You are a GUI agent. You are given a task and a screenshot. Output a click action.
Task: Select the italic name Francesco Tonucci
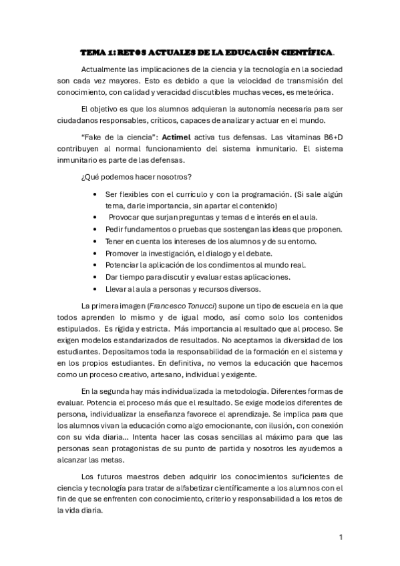[x=181, y=305]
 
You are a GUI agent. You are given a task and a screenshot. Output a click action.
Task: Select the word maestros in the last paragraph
[x=150, y=477]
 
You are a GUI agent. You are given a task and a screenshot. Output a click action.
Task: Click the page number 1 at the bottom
[x=341, y=537]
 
